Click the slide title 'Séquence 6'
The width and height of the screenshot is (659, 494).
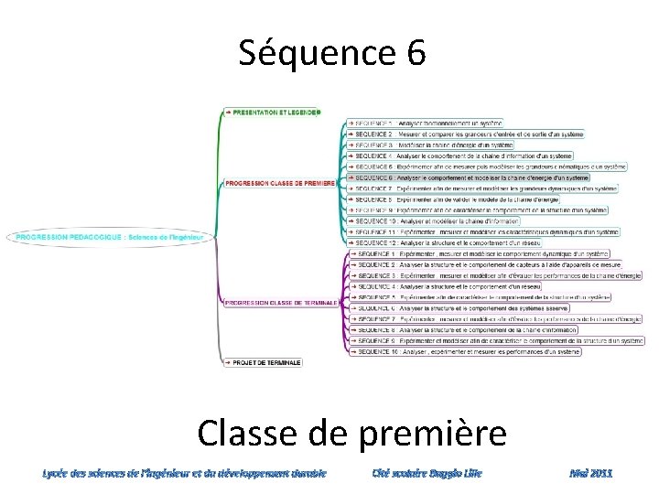[x=332, y=53]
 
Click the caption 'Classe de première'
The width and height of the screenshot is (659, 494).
[x=351, y=433]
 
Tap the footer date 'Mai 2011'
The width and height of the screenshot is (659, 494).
[x=590, y=473]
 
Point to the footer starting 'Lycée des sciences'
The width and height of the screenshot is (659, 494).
[x=183, y=473]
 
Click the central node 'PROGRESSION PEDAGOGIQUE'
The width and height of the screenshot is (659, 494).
[x=110, y=238]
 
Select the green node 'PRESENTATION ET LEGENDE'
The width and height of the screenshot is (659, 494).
[x=273, y=113]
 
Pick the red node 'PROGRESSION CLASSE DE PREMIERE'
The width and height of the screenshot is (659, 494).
[x=280, y=183]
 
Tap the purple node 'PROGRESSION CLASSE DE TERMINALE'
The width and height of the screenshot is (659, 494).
[x=282, y=302]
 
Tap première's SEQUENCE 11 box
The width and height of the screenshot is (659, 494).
[x=483, y=232]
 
